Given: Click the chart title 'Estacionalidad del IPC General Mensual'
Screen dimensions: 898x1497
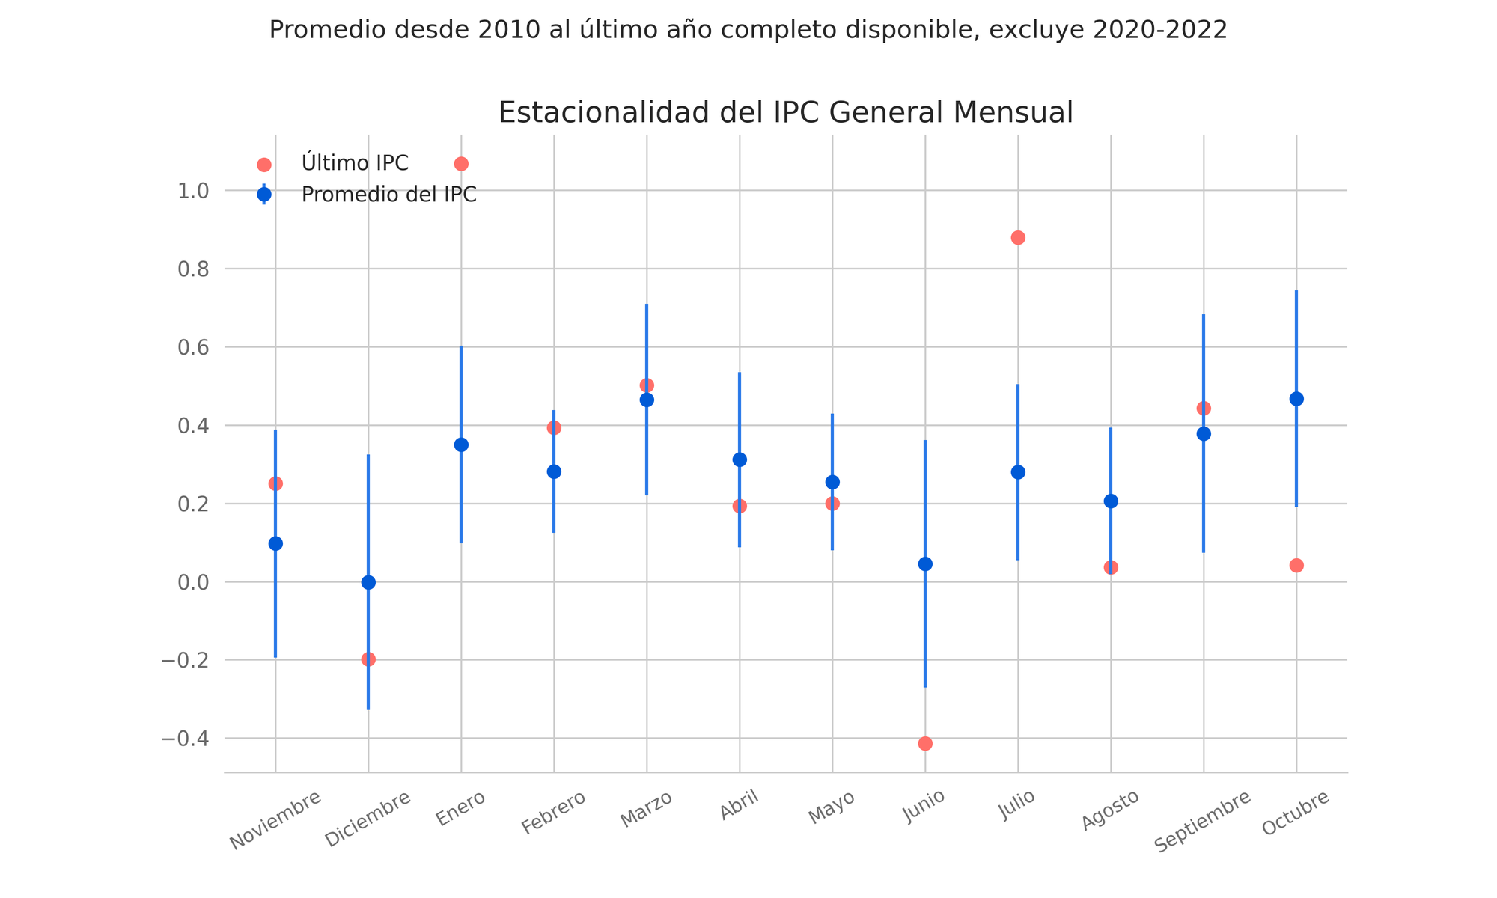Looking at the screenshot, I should pos(785,113).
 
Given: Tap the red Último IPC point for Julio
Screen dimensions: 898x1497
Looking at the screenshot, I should pos(1018,238).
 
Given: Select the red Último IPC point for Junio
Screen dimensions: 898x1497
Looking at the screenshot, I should pos(925,743).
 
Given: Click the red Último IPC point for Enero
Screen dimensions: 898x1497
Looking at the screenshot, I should pos(461,164).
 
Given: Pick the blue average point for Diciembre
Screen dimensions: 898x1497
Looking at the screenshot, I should pos(368,582).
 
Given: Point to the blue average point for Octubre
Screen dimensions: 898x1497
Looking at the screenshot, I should pos(1296,399).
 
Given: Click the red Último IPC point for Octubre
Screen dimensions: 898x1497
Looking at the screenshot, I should pos(1296,565).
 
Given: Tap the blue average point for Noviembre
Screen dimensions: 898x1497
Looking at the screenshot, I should pos(275,543).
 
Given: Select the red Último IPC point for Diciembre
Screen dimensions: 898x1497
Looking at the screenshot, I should pos(368,659).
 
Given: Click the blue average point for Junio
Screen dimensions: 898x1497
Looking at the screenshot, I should pos(925,563).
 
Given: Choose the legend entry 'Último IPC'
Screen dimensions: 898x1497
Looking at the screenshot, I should pos(355,163).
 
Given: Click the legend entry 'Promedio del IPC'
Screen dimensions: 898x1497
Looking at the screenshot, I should pos(388,195).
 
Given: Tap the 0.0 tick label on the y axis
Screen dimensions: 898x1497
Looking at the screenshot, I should pos(192,582).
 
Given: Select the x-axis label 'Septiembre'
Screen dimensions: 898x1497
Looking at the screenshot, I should pos(1202,821).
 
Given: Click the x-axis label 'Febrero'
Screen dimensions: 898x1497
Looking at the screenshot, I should pos(553,813).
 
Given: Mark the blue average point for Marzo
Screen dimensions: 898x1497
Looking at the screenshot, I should pos(647,400).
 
